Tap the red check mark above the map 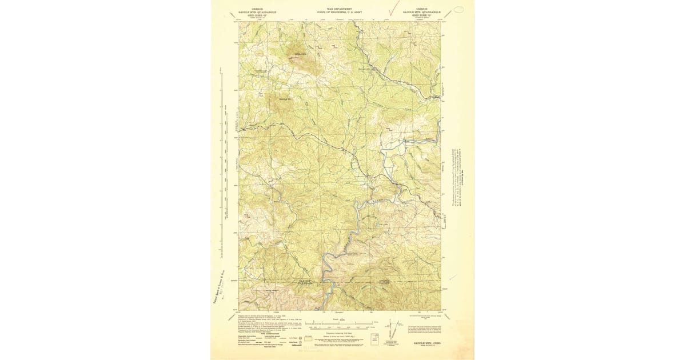coord(393,8)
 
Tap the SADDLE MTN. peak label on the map coord(301,54)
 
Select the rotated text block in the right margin coord(458,177)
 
